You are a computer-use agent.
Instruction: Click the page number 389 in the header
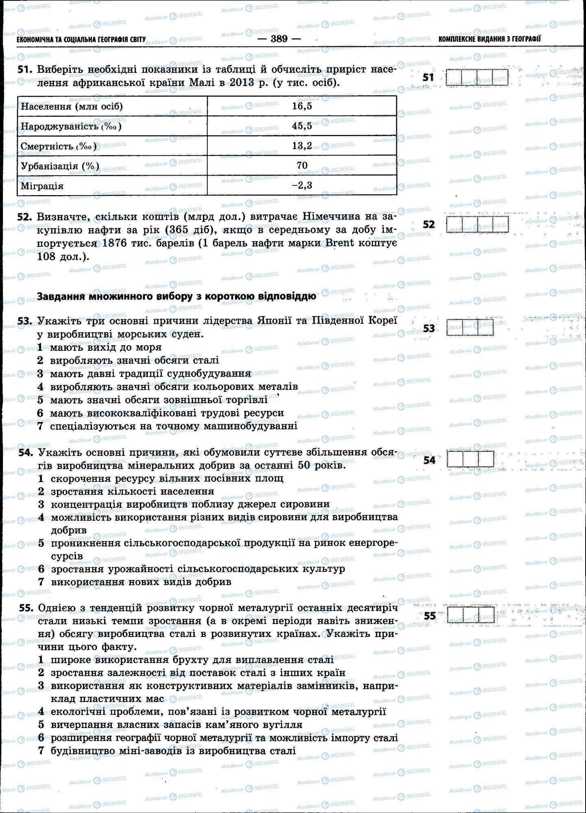(279, 39)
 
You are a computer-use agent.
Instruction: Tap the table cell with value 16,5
(302, 106)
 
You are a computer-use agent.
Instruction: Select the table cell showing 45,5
(302, 126)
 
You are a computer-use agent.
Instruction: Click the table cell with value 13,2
(302, 146)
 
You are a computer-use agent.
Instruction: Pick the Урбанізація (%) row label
(60, 166)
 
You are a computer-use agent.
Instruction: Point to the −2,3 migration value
(302, 185)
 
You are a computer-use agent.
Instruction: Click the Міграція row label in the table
(42, 186)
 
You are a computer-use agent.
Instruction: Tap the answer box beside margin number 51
(477, 77)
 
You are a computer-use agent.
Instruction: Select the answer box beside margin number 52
(477, 224)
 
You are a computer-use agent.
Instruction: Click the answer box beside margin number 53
(470, 328)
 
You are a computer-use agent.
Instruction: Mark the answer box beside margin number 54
(470, 459)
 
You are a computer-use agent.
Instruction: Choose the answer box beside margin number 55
(471, 615)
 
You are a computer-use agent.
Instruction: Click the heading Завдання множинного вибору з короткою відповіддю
(176, 296)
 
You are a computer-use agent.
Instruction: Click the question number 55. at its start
(26, 608)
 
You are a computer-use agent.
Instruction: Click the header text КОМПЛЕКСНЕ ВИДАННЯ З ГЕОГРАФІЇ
(490, 39)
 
